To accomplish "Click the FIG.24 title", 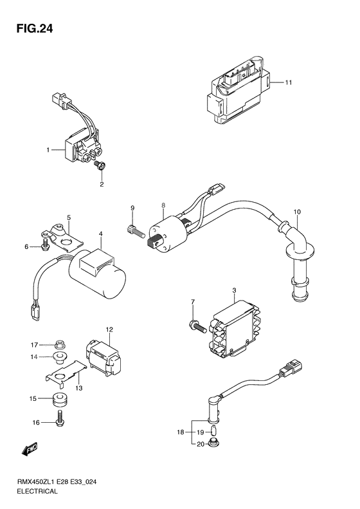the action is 35,29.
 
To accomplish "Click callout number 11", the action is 289,82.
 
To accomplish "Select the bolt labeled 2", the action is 98,165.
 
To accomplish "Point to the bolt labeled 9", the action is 134,232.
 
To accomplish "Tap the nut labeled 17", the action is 59,344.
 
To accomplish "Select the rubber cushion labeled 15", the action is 60,400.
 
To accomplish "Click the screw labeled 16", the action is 60,418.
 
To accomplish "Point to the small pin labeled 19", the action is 213,431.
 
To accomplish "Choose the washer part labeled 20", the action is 213,442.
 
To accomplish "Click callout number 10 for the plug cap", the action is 297,212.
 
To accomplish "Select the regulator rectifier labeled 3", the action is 237,329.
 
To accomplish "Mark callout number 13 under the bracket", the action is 79,388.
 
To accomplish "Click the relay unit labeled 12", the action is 102,356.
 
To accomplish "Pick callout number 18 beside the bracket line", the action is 181,432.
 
